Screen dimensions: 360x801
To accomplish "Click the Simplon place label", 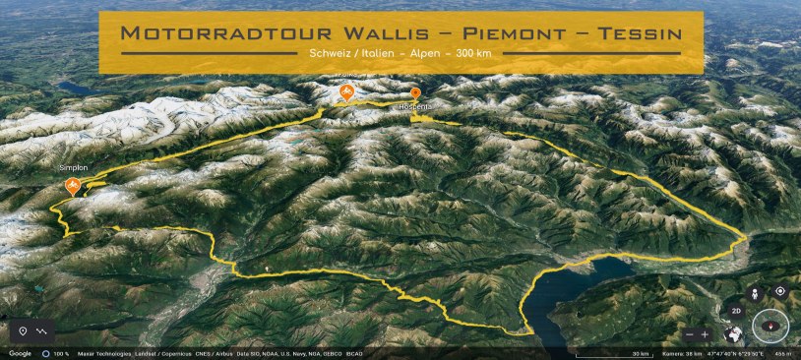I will coord(74,168).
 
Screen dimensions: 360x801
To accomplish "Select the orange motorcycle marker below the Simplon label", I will coord(72,185).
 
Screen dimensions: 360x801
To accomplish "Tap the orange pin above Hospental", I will coord(415,92).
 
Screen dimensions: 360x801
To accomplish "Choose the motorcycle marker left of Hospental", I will coord(346,93).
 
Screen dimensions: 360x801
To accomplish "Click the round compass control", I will coord(770,327).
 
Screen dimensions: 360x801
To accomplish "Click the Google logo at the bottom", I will coord(20,353).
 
